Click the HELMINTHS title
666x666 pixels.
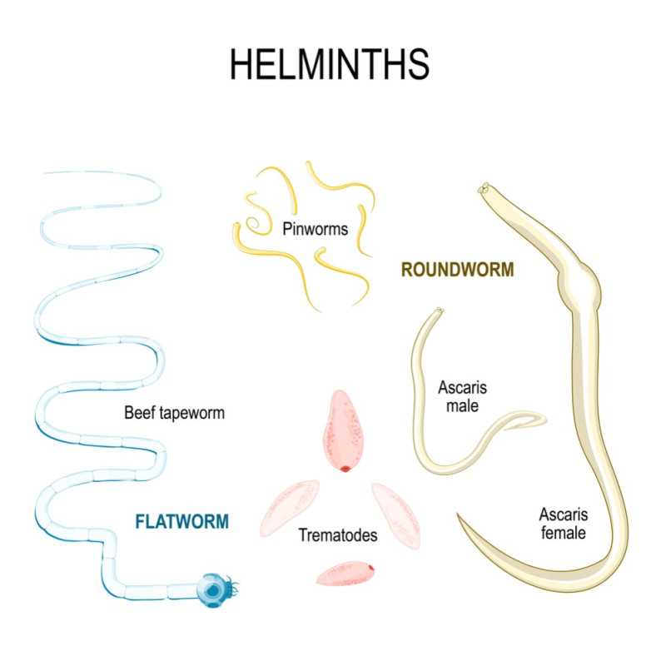point(330,64)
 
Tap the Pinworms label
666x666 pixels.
point(316,230)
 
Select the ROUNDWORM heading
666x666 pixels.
point(457,270)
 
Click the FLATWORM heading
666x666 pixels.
point(181,522)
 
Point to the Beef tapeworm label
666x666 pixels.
point(174,413)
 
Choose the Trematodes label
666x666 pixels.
point(338,535)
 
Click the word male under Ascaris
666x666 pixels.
point(462,406)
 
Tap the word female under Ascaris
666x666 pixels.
point(564,533)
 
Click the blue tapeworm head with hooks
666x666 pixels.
point(216,589)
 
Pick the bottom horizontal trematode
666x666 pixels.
point(345,573)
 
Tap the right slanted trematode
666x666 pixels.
point(396,515)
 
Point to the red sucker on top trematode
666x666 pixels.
point(345,469)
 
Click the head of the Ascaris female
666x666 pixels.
point(485,188)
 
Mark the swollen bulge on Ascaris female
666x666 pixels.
point(582,286)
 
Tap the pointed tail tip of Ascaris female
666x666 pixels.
point(459,515)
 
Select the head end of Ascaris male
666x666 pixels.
point(439,311)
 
